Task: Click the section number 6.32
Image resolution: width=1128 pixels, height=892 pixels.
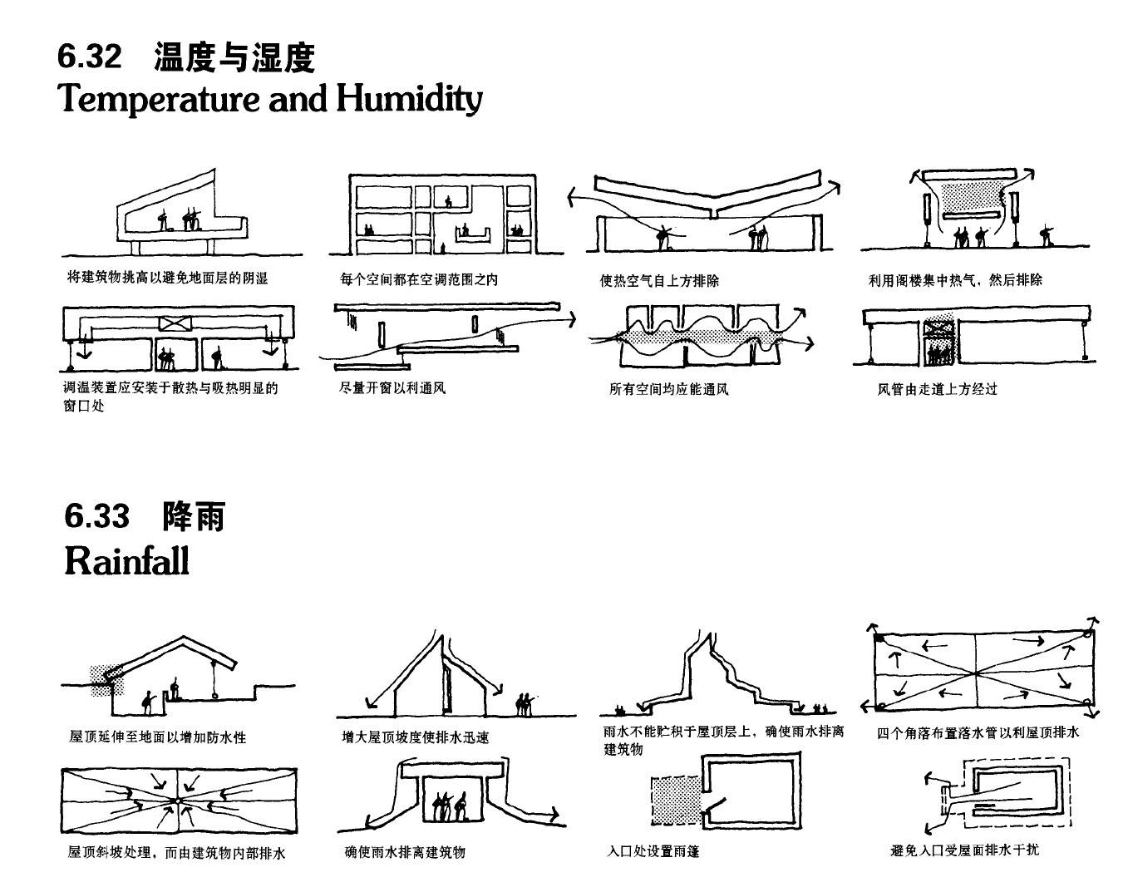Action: pyautogui.click(x=90, y=57)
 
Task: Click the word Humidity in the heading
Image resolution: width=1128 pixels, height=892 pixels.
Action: pyautogui.click(x=409, y=99)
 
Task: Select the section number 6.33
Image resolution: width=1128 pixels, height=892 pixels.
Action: pyautogui.click(x=97, y=517)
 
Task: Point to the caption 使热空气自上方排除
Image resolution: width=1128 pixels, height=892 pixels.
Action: pyautogui.click(x=659, y=280)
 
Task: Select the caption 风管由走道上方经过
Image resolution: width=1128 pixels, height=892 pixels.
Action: pyautogui.click(x=937, y=388)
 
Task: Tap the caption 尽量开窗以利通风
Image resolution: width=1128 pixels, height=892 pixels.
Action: pyautogui.click(x=392, y=387)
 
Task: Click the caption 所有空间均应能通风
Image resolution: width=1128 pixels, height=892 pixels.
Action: pyautogui.click(x=668, y=388)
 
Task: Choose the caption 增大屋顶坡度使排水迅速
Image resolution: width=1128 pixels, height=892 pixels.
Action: pyautogui.click(x=415, y=737)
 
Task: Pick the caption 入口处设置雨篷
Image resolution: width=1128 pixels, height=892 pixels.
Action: pyautogui.click(x=653, y=851)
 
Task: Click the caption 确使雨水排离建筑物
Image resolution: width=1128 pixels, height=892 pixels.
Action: pyautogui.click(x=405, y=852)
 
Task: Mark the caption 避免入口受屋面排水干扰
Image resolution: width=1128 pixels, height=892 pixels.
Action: pyautogui.click(x=964, y=850)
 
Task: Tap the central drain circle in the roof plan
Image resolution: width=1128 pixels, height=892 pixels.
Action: pyautogui.click(x=177, y=801)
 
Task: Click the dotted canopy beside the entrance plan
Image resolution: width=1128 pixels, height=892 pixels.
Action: pyautogui.click(x=675, y=800)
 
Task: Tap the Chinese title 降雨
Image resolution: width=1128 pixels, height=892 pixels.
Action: pyautogui.click(x=194, y=517)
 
